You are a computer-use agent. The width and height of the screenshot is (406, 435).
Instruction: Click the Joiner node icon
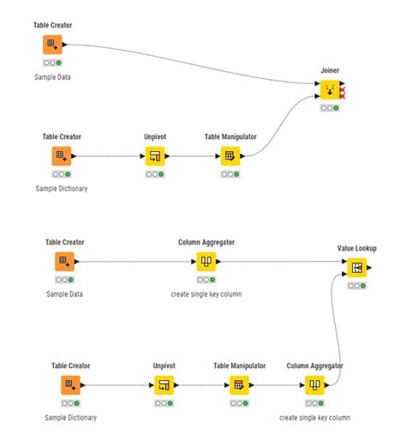pos(329,89)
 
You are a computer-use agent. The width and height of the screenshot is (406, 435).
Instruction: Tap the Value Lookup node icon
pos(358,268)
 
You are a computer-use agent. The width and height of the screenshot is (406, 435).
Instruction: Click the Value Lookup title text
pos(358,249)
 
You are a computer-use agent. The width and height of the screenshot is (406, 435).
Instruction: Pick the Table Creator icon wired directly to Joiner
pos(52,44)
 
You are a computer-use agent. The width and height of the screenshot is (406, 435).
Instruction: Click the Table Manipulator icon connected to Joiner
pos(229,155)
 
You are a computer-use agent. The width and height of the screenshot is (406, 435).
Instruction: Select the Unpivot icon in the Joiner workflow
pos(153,155)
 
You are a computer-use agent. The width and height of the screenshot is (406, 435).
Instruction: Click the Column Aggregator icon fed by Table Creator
pos(205,261)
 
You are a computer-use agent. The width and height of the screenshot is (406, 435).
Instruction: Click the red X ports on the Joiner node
pos(343,90)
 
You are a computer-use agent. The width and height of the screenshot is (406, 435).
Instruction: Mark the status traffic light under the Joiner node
pos(329,108)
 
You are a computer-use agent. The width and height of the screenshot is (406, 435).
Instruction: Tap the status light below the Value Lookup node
pos(358,286)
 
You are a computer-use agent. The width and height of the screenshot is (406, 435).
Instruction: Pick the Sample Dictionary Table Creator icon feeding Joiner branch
pos(61,155)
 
